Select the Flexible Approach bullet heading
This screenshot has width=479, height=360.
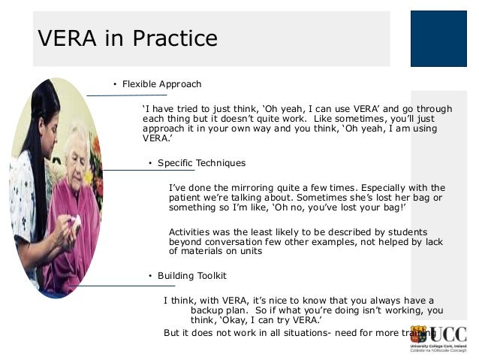click(161, 84)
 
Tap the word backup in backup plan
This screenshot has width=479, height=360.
click(208, 310)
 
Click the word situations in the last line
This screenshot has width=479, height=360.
click(328, 332)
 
